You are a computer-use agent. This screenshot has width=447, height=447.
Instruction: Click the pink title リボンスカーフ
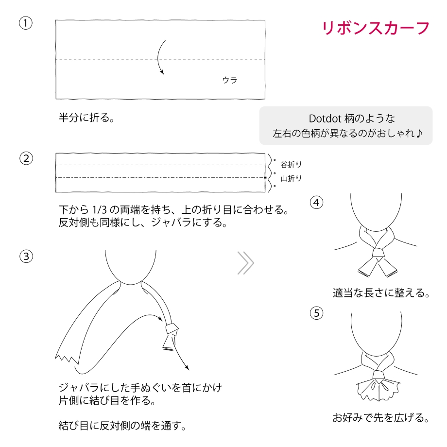[x=376, y=29]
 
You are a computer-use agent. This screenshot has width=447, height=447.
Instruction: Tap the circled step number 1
[x=26, y=23]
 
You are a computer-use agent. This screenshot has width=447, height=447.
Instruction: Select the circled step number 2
[x=26, y=158]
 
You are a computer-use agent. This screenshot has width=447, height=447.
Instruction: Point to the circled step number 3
[x=26, y=256]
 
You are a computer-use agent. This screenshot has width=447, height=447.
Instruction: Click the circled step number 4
[x=316, y=203]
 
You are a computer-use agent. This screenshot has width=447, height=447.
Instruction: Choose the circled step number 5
[x=316, y=313]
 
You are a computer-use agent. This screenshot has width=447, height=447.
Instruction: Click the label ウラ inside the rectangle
[x=230, y=80]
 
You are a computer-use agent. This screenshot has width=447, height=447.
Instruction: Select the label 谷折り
[x=291, y=165]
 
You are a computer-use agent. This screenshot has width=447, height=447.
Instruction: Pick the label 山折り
[x=291, y=178]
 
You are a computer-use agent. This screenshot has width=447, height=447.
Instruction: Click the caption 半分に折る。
[x=86, y=118]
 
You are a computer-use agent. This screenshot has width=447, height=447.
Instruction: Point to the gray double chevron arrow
[x=246, y=263]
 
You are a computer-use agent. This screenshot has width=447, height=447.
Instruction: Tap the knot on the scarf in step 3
[x=172, y=329]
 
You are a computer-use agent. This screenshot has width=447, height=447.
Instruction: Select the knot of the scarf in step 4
[x=378, y=253]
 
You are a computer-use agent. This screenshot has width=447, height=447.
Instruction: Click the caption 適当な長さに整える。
[x=381, y=293]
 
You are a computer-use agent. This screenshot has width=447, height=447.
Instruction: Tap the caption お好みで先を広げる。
[x=381, y=418]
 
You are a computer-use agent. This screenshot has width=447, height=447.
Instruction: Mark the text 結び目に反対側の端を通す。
[x=122, y=426]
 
